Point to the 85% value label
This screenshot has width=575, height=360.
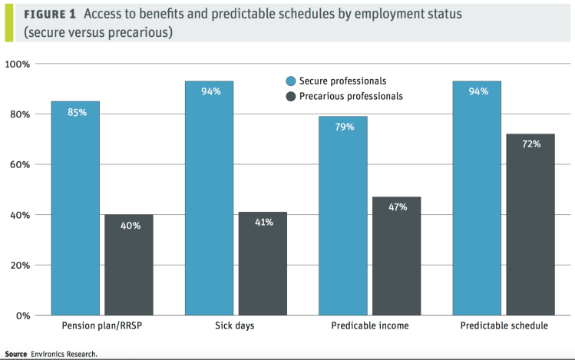[77, 112]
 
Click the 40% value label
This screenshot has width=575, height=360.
[131, 226]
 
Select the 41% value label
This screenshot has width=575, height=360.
[263, 223]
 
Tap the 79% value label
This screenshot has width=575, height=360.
[344, 127]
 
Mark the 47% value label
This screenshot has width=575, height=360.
[398, 207]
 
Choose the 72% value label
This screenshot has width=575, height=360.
[530, 144]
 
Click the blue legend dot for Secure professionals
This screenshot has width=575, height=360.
[290, 81]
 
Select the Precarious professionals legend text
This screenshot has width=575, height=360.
[351, 97]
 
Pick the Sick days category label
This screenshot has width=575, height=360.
[235, 326]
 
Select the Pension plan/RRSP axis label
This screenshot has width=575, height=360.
[102, 326]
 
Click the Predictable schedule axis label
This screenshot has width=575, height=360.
[504, 326]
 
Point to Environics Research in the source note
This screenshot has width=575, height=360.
[64, 355]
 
